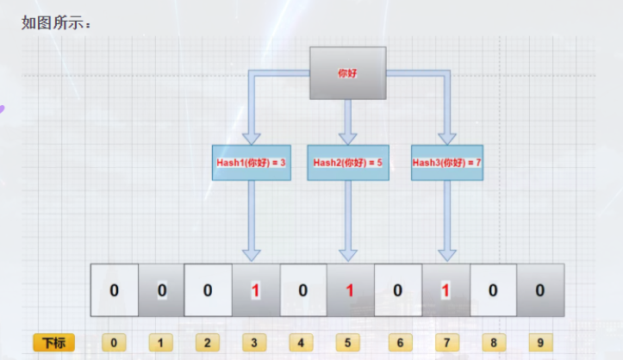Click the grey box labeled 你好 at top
click(347, 73)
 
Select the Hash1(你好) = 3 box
click(251, 162)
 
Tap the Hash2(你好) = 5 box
click(347, 162)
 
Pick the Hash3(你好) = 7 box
click(446, 162)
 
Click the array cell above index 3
click(255, 290)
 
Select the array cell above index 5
click(350, 290)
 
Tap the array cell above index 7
click(445, 290)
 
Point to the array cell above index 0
click(114, 290)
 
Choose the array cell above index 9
click(540, 290)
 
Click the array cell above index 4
click(302, 290)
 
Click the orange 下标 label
click(53, 343)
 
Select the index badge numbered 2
click(208, 343)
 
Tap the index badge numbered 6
click(397, 343)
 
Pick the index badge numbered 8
click(493, 343)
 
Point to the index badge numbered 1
click(161, 343)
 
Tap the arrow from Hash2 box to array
click(347, 220)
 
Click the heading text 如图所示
click(56, 23)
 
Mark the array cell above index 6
click(397, 290)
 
